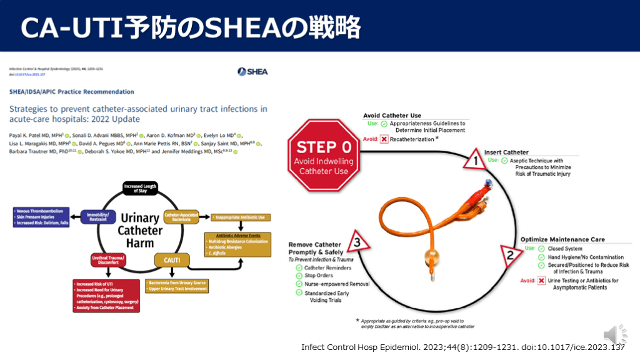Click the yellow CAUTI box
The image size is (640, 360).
[172, 258]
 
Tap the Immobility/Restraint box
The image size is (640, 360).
[99, 217]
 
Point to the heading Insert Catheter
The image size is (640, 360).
[506, 152]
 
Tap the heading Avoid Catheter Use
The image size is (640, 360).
[392, 116]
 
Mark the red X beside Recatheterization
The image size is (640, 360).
[384, 138]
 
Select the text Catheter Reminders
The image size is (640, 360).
[331, 267]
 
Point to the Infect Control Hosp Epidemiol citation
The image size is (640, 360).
[462, 347]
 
